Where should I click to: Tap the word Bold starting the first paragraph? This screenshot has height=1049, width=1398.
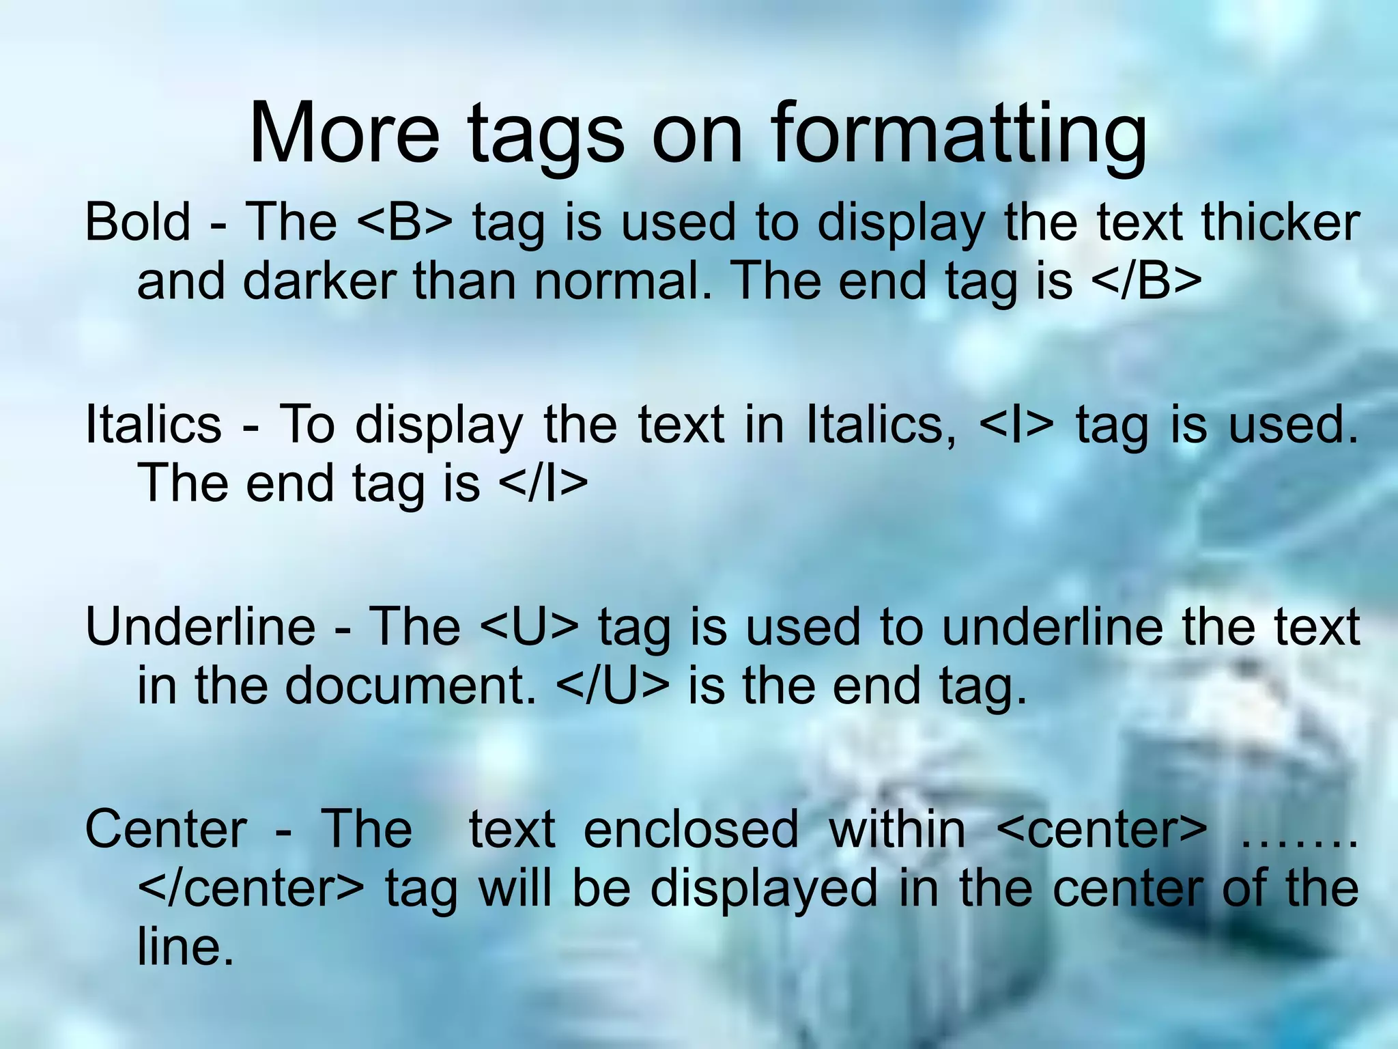(x=137, y=222)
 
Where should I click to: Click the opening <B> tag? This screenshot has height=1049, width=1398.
(x=403, y=222)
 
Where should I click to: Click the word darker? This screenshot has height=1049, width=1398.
(x=319, y=281)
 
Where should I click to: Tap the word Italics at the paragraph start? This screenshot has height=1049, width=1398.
(x=154, y=424)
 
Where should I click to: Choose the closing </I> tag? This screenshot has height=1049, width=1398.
(x=543, y=483)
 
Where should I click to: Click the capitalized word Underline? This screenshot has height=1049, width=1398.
(x=200, y=626)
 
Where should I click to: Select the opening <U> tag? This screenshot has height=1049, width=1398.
(x=529, y=626)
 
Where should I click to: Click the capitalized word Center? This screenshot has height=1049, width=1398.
(x=165, y=829)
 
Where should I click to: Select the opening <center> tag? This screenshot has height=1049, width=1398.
(x=1102, y=829)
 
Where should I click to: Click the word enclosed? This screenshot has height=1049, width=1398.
(x=691, y=829)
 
